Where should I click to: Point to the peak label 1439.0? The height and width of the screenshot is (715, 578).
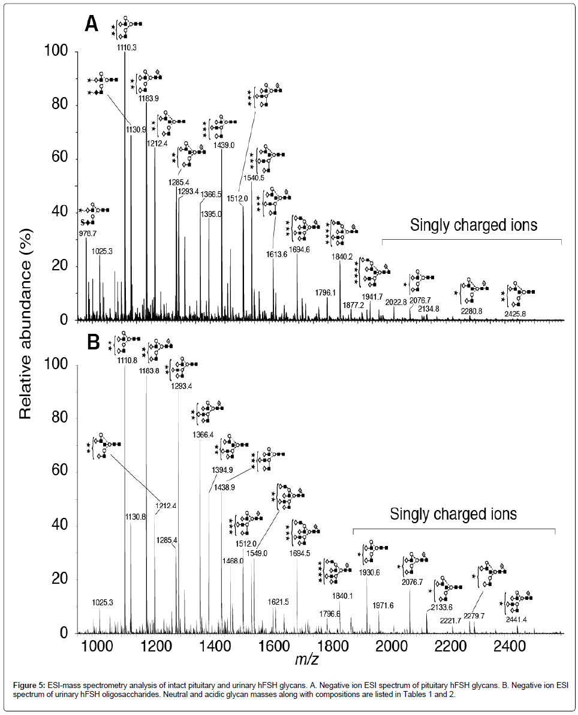pos(222,146)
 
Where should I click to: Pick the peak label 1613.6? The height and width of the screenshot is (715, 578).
pos(276,254)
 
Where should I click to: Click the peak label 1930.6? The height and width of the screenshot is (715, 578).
pos(369,572)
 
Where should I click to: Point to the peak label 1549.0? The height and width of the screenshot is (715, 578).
pos(257,553)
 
